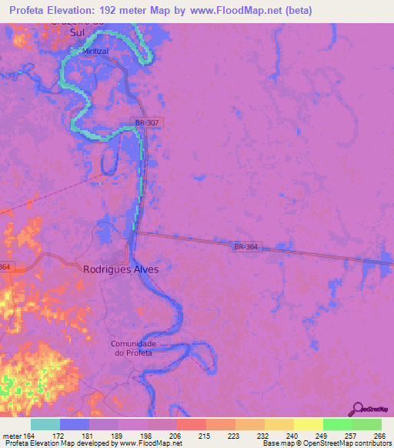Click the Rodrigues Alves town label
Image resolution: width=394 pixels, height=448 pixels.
click(120, 270)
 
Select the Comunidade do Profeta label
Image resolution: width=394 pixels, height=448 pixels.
click(134, 348)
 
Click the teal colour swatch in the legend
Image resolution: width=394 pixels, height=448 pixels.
click(45, 424)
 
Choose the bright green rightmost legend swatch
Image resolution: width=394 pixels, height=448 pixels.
click(367, 424)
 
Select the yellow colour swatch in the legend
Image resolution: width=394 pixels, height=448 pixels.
click(309, 424)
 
